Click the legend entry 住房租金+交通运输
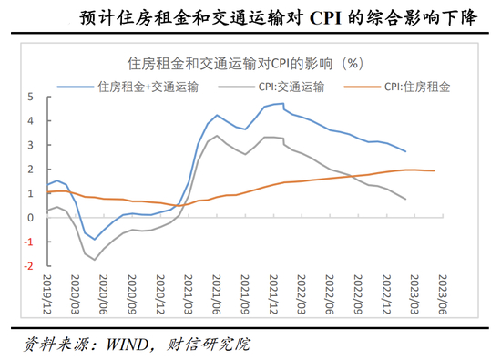128,87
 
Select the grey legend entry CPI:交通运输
271,87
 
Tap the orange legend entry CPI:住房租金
397,87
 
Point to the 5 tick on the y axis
31,97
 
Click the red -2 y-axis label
29,266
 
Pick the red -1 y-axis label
29,242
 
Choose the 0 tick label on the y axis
31,218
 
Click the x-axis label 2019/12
47,294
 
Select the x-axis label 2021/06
217,294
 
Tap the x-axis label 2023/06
443,294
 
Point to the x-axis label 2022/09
358,294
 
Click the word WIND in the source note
128,345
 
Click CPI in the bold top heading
325,18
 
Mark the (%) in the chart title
353,63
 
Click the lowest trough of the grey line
95,260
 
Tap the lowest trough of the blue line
95,239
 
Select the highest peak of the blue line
283,103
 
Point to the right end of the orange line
435,170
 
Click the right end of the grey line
405,200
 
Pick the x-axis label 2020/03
75,294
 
